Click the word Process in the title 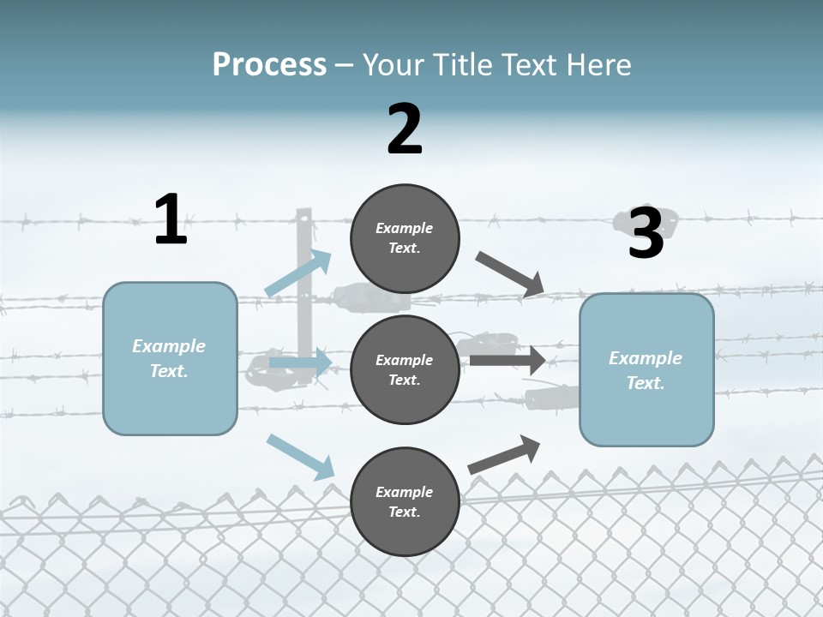coord(269,65)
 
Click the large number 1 coord(171,220)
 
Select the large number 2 coord(405,129)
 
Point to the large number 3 coord(646,233)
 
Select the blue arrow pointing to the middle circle coord(300,363)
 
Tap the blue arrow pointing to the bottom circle coord(301,457)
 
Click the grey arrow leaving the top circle coord(509,275)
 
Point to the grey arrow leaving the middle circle coord(508,360)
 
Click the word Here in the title coord(599,65)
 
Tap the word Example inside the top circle coord(405,229)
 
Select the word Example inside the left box coord(169,346)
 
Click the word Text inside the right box coord(645,383)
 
